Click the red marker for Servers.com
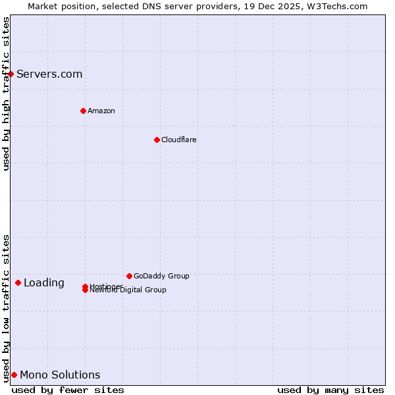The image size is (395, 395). [x=11, y=74]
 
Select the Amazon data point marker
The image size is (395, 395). [x=83, y=111]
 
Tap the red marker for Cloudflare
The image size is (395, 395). [x=157, y=140]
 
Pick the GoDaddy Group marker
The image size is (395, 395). [x=129, y=276]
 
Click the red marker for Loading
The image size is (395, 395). [x=18, y=282]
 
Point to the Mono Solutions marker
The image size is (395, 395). [x=14, y=375]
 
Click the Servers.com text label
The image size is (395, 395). [x=49, y=74]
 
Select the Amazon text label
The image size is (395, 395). [x=101, y=111]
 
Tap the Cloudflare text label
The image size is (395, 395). [x=179, y=140]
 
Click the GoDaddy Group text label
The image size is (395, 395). [x=161, y=276]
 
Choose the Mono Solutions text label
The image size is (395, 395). [x=60, y=375]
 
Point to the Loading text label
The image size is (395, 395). [x=44, y=283]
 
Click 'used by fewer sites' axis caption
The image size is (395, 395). [x=68, y=390]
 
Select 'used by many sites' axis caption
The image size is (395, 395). [x=330, y=390]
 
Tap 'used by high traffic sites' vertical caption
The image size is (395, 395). [x=6, y=93]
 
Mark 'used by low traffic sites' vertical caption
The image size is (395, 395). [x=6, y=308]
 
